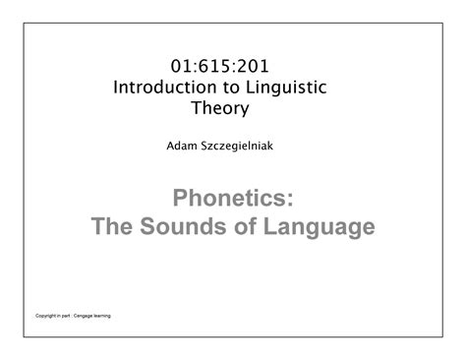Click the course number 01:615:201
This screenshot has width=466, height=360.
pos(219,66)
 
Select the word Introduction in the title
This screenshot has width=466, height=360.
pos(165,88)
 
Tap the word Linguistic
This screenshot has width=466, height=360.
pos(286,89)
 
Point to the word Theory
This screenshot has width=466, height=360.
pos(220,108)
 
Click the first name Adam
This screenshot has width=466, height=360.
pos(182,146)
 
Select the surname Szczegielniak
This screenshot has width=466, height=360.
pos(237,147)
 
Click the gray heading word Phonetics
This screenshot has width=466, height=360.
pos(229,198)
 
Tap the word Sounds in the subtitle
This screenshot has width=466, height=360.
pos(183,226)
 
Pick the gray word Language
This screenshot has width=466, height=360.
pos(319,227)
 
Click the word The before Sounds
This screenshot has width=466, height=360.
pos(112,226)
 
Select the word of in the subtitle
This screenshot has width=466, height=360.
pos(245,226)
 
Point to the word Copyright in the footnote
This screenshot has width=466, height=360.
pos(46,316)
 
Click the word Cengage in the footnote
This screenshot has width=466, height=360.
pos(83,316)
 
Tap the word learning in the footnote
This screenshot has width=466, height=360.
pos(102,316)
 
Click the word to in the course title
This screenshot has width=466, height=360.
pos(231,88)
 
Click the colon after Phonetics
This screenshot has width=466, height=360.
pos(290,200)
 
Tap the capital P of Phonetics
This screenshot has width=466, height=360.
pos(180,198)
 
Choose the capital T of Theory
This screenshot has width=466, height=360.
pos(198,108)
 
